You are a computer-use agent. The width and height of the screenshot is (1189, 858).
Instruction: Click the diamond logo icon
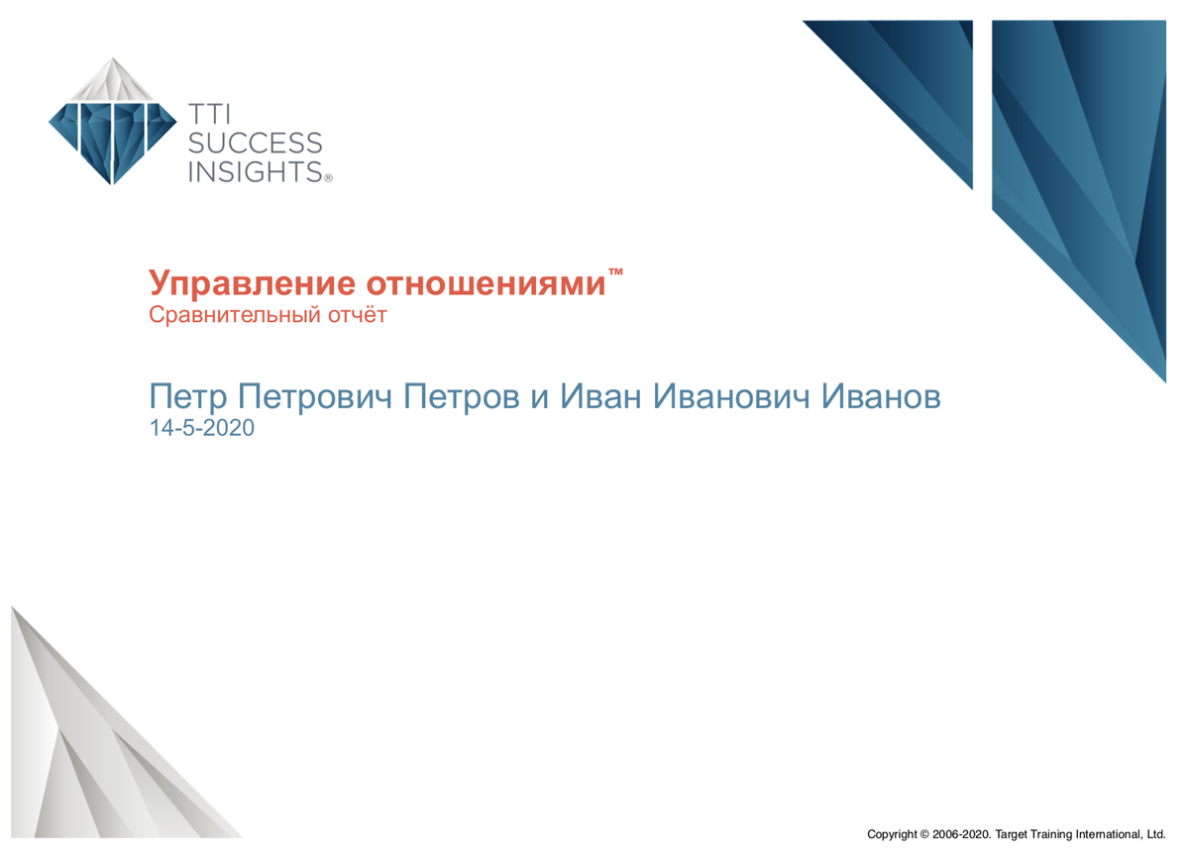113,121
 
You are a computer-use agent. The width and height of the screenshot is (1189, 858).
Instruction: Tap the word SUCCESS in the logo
256,144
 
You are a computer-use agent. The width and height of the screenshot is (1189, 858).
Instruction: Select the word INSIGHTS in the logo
256,171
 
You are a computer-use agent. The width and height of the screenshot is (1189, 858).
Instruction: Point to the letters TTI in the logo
209,115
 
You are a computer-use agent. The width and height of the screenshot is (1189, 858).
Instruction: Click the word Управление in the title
252,284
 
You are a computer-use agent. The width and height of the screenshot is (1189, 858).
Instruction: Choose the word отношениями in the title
486,284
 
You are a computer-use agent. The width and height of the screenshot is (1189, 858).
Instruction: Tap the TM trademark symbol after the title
615,271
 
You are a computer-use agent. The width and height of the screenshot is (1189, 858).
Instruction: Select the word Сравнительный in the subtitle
235,315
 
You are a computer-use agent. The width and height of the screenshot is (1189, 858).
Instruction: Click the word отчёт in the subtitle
358,315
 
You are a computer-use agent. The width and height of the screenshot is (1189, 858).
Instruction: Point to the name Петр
188,396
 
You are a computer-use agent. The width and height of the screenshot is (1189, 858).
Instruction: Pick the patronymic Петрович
315,396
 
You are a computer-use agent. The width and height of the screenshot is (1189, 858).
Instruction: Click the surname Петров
462,396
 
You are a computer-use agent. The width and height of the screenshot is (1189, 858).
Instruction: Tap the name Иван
600,396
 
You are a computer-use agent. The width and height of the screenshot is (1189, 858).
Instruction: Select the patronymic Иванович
731,396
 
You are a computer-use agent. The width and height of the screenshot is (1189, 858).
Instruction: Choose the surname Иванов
881,396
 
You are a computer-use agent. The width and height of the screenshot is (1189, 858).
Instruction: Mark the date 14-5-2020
202,428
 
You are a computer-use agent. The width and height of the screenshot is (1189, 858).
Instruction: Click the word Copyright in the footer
892,834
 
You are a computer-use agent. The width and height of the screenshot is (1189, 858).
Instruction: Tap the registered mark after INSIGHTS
328,178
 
